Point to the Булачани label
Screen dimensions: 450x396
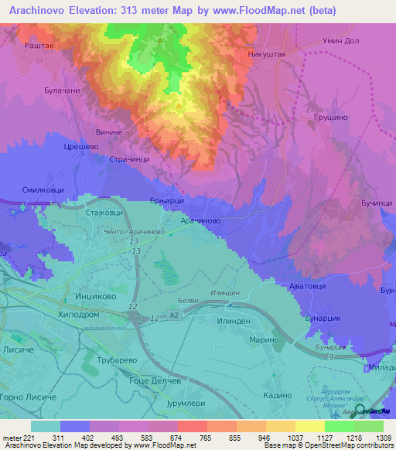[x=63, y=90]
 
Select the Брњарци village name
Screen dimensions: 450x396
[x=166, y=200]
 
